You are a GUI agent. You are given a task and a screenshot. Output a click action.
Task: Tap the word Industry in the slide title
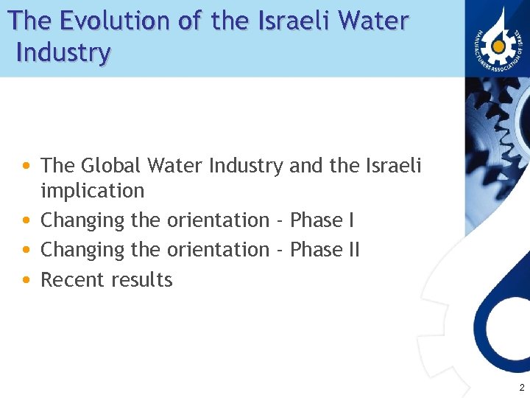coord(63,53)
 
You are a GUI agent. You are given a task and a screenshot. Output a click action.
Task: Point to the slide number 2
coord(521,388)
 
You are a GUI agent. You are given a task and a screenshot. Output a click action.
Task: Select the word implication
coord(93,191)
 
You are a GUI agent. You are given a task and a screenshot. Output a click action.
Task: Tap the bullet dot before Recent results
coord(26,280)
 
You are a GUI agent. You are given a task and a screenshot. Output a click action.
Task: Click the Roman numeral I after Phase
coord(351,220)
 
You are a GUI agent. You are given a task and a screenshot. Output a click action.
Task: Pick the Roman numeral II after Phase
coord(353,250)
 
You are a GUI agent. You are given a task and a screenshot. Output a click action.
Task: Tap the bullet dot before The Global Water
coord(26,165)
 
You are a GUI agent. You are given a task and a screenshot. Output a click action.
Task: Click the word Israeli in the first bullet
coord(393,165)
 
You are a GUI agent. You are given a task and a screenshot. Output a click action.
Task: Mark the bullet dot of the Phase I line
coord(26,220)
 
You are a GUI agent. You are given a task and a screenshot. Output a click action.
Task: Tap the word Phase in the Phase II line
coord(317,250)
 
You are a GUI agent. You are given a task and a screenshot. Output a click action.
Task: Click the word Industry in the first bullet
coord(245,166)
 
